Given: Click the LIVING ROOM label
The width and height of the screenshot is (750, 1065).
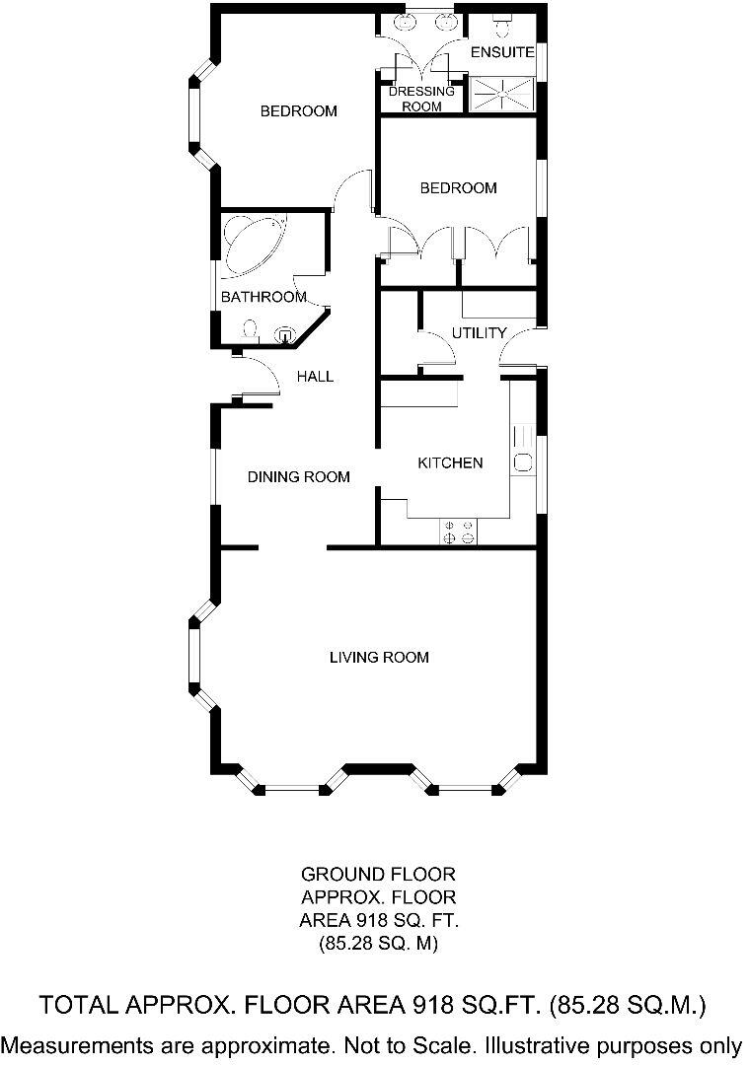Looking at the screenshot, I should click(x=379, y=657).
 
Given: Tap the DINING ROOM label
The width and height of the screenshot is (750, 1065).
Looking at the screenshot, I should click(x=298, y=477).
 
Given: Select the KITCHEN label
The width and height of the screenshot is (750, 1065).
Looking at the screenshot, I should click(x=450, y=462).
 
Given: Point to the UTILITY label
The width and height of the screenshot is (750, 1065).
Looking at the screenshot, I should click(x=479, y=332).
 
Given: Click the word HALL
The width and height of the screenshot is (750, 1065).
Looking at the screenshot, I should click(x=316, y=376).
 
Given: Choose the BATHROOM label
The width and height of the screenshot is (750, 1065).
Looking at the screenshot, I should click(x=262, y=297).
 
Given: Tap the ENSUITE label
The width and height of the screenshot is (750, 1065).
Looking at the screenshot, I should click(x=502, y=51).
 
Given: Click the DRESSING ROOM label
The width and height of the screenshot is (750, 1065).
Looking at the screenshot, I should click(x=421, y=99).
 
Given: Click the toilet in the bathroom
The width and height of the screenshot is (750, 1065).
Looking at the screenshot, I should click(x=250, y=328).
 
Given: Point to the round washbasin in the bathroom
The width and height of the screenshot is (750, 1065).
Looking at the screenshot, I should click(x=286, y=334).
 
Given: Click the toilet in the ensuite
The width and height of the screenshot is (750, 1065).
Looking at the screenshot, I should click(x=500, y=22).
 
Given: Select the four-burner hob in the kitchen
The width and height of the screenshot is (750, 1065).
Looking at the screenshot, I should click(x=458, y=532).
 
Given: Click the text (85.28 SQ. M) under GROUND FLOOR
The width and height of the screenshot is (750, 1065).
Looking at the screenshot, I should click(x=379, y=944).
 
